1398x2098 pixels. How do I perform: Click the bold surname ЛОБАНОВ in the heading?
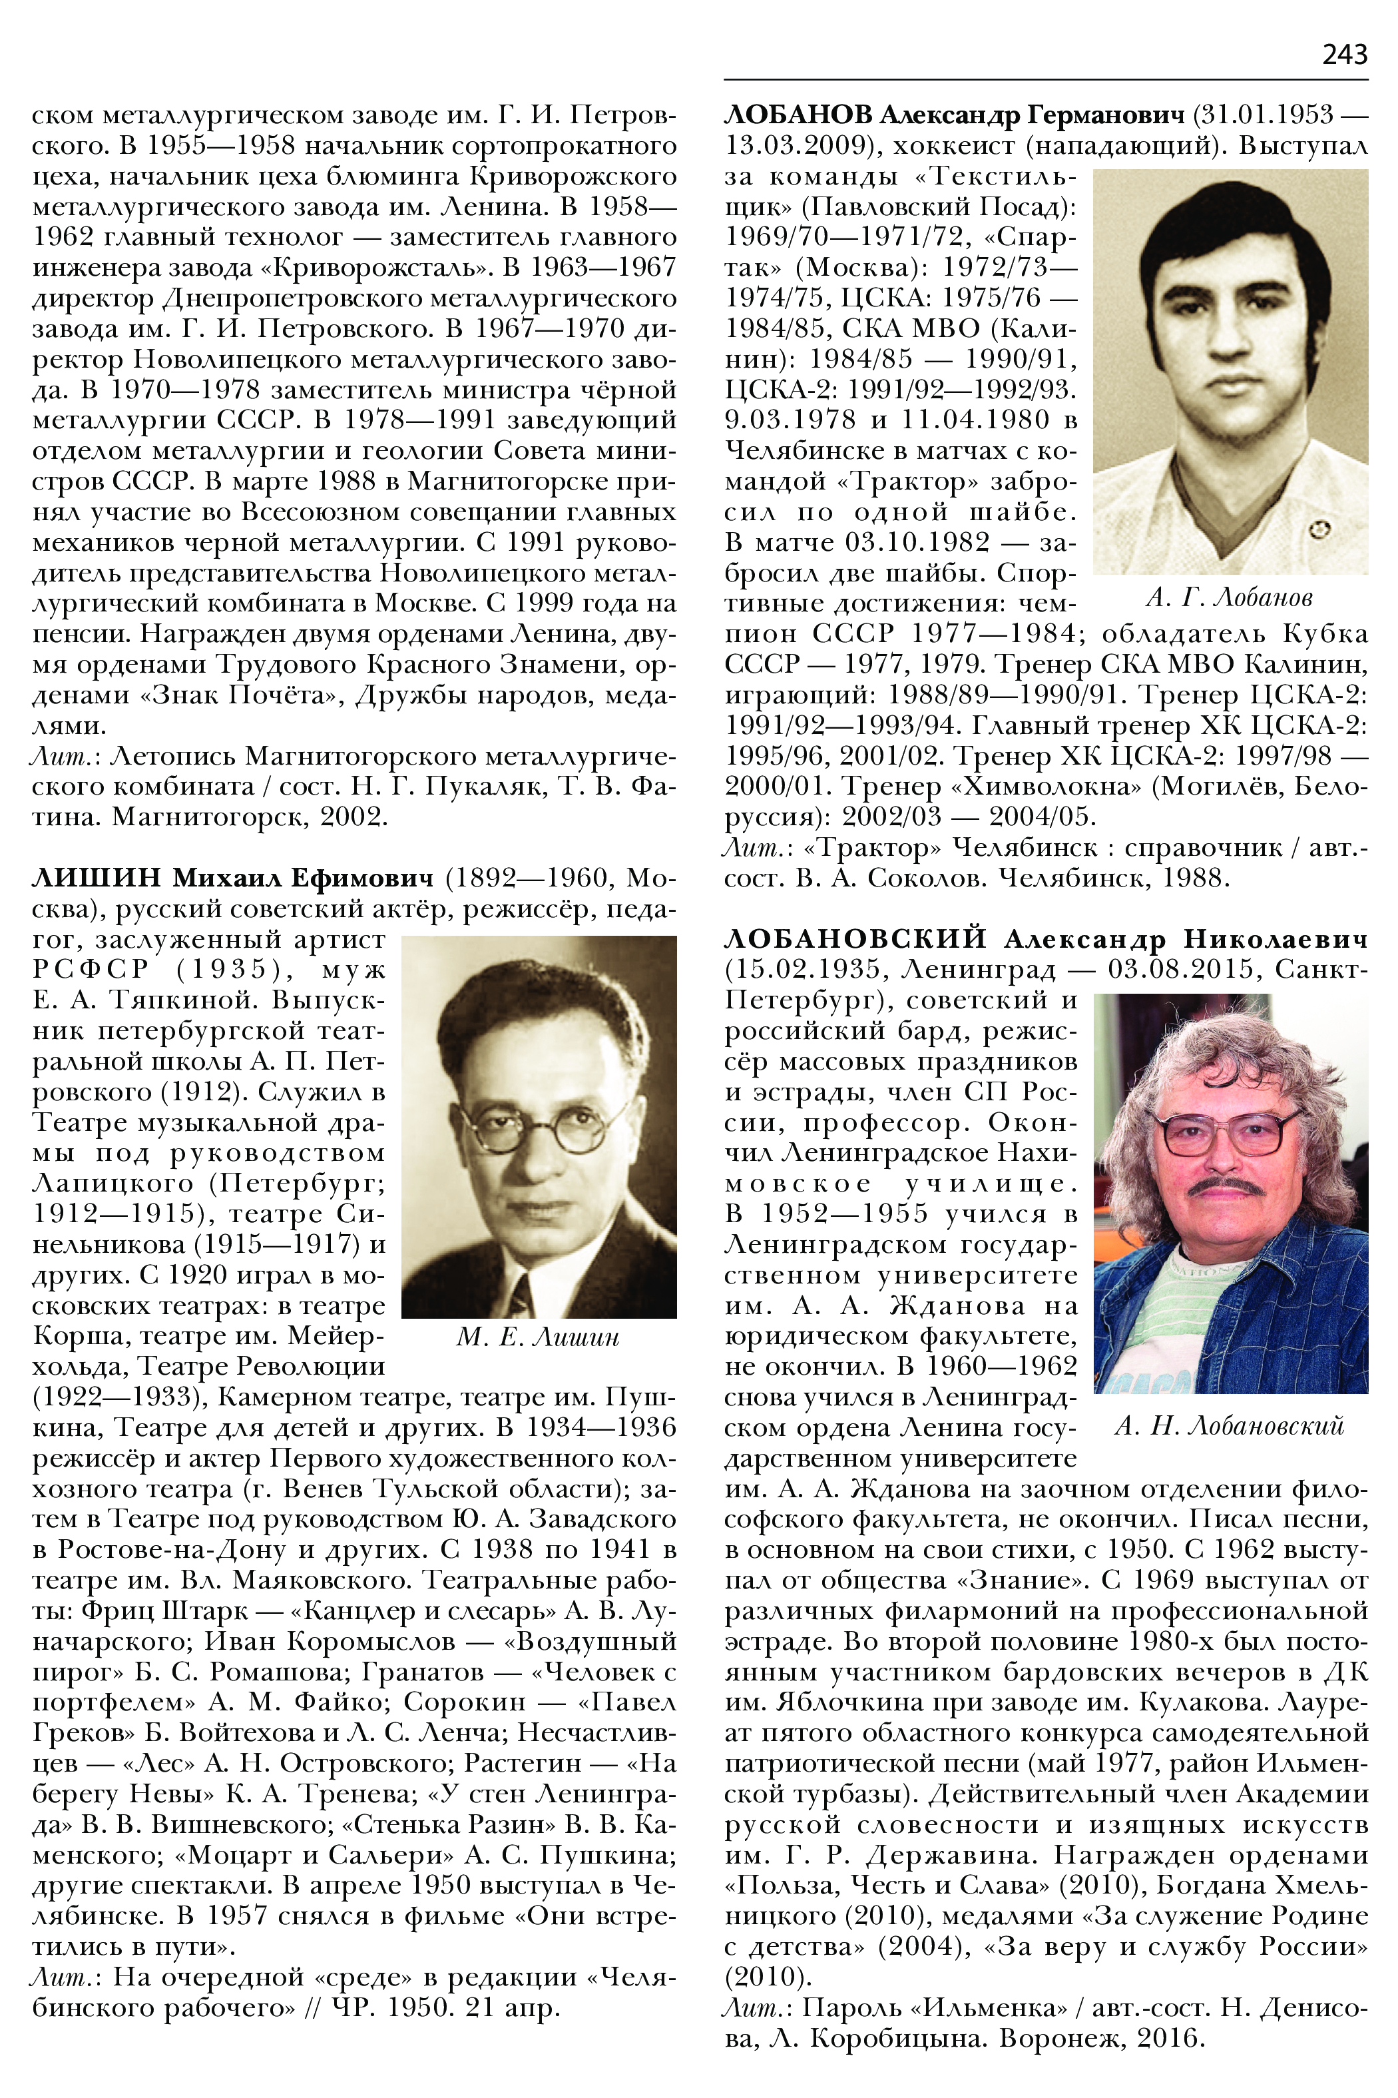(798, 115)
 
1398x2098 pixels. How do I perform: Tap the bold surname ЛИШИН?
(97, 878)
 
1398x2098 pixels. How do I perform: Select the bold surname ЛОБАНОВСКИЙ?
(855, 939)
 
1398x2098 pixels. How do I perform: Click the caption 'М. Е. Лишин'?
(538, 1337)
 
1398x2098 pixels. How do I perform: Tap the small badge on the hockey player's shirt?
(1320, 530)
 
